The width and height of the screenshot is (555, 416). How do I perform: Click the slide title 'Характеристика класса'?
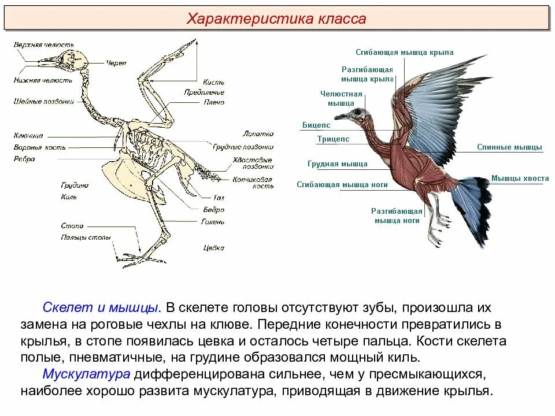click(276, 19)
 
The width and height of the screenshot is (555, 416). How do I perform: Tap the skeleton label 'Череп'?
click(116, 63)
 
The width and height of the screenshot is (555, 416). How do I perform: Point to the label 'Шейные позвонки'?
click(44, 102)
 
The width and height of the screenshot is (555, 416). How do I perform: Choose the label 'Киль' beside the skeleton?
click(68, 197)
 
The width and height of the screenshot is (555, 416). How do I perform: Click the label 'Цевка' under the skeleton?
click(213, 248)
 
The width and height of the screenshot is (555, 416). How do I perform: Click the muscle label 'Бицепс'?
click(316, 125)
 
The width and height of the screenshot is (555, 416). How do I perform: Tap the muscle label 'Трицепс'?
click(333, 139)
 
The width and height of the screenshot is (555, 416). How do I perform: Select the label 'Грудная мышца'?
click(337, 164)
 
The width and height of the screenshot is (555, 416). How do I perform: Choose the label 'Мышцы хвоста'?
click(520, 179)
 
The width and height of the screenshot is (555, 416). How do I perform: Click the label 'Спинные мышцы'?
click(509, 147)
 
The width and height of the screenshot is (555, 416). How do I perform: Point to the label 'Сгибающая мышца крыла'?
click(404, 52)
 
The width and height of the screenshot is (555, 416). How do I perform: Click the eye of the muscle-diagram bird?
click(360, 111)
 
